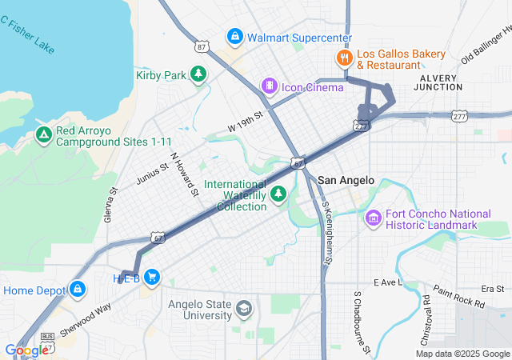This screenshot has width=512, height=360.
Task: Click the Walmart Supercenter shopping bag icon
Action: click(x=234, y=37)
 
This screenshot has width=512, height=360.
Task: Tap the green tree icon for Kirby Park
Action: click(x=198, y=74)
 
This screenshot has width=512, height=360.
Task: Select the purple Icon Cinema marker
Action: click(x=270, y=86)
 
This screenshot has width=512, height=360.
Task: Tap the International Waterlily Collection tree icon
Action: click(x=278, y=194)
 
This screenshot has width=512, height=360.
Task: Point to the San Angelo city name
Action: click(x=346, y=181)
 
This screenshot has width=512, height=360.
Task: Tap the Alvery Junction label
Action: click(x=438, y=82)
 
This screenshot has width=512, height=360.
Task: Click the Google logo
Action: click(x=26, y=350)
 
